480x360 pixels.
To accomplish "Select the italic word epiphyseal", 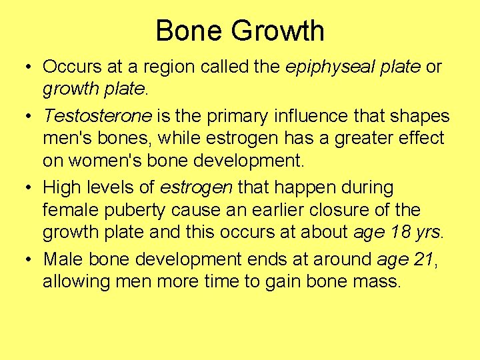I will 319,67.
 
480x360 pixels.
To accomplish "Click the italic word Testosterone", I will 98,116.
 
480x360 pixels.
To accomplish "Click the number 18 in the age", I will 393,233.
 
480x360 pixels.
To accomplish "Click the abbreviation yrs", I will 427,233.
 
